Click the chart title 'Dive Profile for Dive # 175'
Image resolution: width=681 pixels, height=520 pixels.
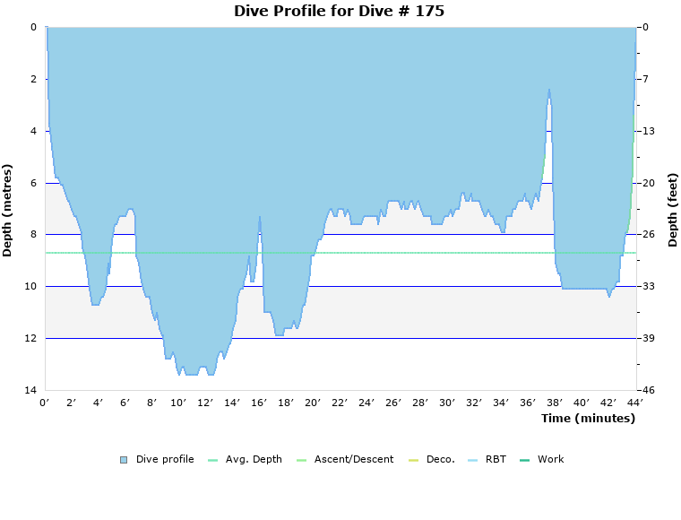pyautogui.click(x=339, y=12)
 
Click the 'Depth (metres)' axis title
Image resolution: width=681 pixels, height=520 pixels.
pyautogui.click(x=8, y=210)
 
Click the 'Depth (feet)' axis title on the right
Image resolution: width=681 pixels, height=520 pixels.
pyautogui.click(x=673, y=210)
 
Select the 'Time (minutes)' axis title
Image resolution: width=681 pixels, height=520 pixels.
pyautogui.click(x=588, y=419)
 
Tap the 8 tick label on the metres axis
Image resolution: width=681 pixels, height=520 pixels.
pyautogui.click(x=32, y=234)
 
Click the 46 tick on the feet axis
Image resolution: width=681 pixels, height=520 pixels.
pyautogui.click(x=649, y=390)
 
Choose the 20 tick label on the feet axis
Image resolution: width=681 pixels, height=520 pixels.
pyautogui.click(x=649, y=183)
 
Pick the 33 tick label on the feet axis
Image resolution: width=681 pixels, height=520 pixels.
pyautogui.click(x=649, y=286)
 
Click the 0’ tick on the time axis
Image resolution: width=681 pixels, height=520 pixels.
pyautogui.click(x=45, y=403)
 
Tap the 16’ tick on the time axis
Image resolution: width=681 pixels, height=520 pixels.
pyautogui.click(x=259, y=403)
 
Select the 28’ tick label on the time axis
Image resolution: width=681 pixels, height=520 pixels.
pyautogui.click(x=420, y=403)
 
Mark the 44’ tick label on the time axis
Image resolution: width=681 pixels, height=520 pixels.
pyautogui.click(x=634, y=403)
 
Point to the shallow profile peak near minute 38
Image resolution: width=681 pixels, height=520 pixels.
pyautogui.click(x=549, y=90)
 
